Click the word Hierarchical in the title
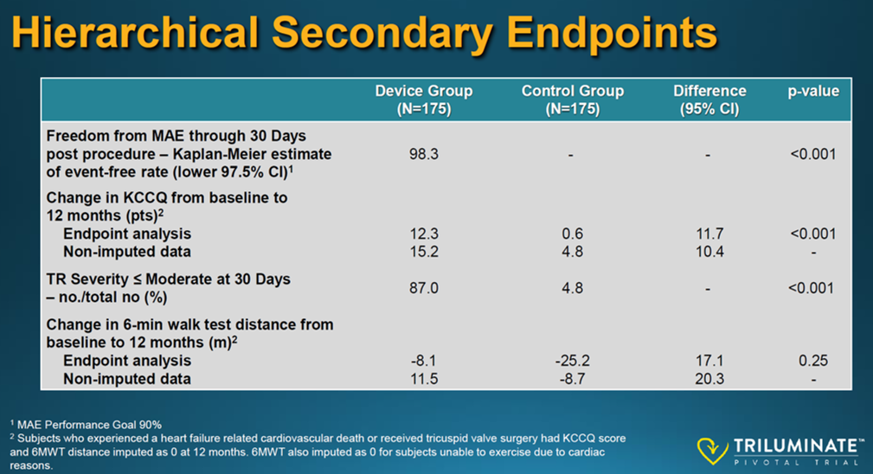[x=136, y=32]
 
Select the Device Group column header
[x=424, y=99]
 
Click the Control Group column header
[x=573, y=99]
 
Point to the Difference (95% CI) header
[x=709, y=99]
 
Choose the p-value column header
[x=813, y=91]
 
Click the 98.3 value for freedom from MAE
[x=424, y=154]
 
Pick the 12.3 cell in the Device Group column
[x=424, y=234]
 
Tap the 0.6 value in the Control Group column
[x=573, y=234]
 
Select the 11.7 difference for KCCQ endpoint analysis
[x=709, y=234]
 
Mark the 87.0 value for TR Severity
[x=424, y=288]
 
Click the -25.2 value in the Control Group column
[x=573, y=361]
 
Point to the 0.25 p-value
[x=813, y=361]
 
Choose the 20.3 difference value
[x=709, y=379]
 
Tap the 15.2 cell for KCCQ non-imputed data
[x=424, y=252]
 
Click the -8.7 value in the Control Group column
[x=573, y=379]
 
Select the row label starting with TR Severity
[x=168, y=288]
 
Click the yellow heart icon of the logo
[x=712, y=450]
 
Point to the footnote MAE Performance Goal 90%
[x=86, y=425]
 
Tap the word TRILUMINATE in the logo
[x=797, y=445]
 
